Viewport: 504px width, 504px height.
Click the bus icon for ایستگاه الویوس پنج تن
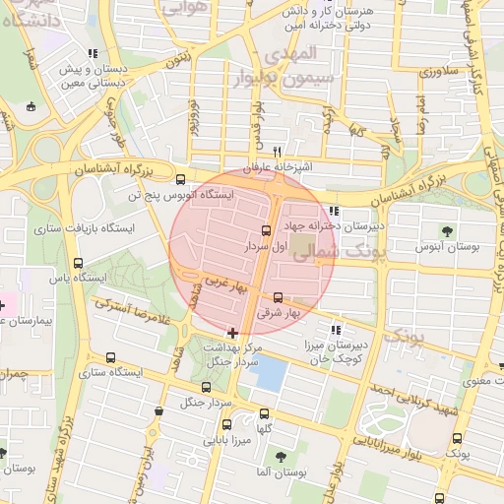[x=179, y=179]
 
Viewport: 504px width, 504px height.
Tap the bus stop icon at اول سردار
[x=266, y=230]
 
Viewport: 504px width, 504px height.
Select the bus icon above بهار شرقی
[x=278, y=296]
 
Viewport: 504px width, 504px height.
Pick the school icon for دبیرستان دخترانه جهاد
[x=334, y=211]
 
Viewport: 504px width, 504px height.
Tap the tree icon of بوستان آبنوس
[x=448, y=231]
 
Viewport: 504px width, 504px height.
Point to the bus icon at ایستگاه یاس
[x=78, y=263]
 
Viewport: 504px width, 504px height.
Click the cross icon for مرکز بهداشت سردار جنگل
[x=232, y=333]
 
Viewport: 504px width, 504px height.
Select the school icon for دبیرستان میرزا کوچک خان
[x=336, y=330]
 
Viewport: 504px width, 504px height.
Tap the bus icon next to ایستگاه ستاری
[x=109, y=357]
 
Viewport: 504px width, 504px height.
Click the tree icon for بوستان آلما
[x=281, y=457]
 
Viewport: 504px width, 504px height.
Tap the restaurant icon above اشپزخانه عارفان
[x=279, y=152]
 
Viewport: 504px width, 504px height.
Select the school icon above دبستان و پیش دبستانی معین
[x=93, y=54]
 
